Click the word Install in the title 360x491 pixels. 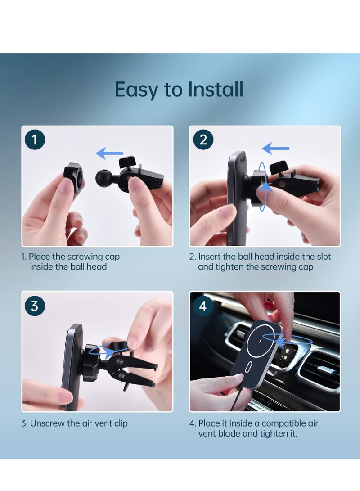(x=216, y=89)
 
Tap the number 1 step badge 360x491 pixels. (x=35, y=140)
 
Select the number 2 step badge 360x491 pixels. (x=203, y=140)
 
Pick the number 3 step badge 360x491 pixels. (x=35, y=306)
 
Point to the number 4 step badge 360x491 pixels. (x=203, y=306)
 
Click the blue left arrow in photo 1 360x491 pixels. (x=109, y=154)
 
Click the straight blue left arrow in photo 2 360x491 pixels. (x=275, y=148)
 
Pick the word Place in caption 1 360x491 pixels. (x=40, y=257)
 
